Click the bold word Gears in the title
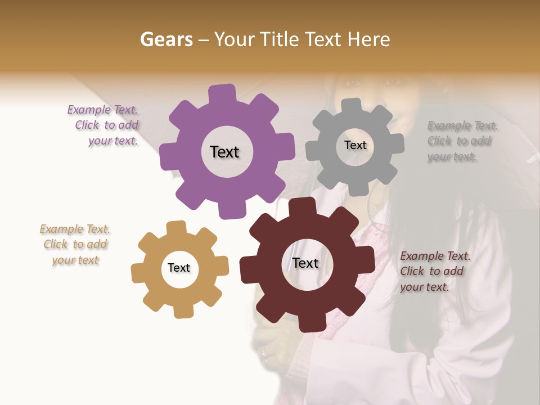pos(166,39)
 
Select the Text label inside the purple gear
pos(224,152)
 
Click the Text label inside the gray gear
pos(355,145)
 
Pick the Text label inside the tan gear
pos(179,268)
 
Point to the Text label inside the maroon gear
pos(305,263)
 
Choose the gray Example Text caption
pos(461,141)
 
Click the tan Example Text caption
pos(75,244)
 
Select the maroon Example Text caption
pos(435,271)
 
